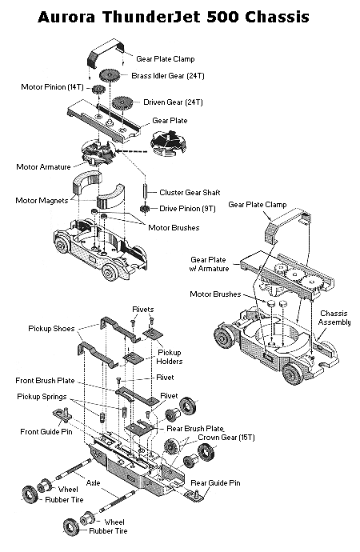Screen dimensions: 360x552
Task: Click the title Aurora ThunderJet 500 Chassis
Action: tap(173, 17)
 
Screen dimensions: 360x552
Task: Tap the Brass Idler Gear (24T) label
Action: tap(168, 76)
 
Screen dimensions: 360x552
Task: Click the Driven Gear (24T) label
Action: tap(173, 102)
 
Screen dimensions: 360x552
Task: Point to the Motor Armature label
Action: tap(43, 167)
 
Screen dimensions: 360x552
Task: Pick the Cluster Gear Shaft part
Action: tap(145, 191)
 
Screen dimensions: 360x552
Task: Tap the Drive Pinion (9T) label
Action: tap(187, 209)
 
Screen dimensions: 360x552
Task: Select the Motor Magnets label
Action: tap(42, 201)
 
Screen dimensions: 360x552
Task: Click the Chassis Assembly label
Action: tap(334, 318)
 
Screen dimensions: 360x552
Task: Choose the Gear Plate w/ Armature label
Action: tap(209, 264)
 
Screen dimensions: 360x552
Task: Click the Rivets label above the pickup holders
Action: tap(143, 310)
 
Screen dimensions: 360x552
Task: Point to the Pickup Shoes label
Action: tap(51, 329)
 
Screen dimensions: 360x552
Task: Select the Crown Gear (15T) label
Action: tap(226, 438)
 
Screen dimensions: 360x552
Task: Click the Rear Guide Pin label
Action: tap(215, 483)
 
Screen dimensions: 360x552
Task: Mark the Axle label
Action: tap(94, 483)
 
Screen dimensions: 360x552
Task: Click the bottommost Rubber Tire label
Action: tap(108, 531)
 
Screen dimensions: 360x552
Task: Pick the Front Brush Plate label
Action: tap(45, 381)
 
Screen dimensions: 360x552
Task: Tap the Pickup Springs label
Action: tap(42, 397)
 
